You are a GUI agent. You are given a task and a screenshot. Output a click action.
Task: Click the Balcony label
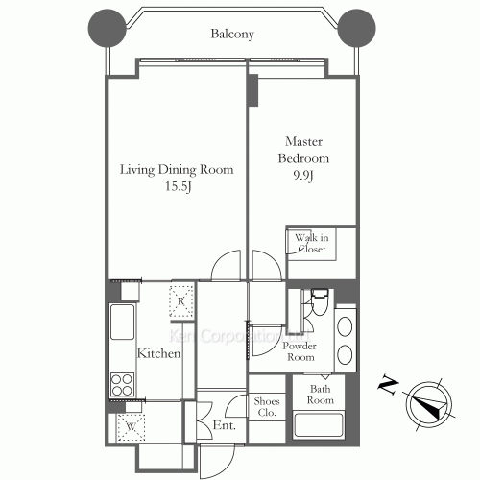pyautogui.click(x=232, y=34)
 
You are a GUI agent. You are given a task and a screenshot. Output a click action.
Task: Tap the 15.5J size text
pyautogui.click(x=179, y=186)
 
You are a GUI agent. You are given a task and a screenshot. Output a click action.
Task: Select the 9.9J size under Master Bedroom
pyautogui.click(x=303, y=176)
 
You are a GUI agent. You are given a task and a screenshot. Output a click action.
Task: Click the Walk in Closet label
pyautogui.click(x=312, y=243)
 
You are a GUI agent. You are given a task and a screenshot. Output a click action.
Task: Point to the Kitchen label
pyautogui.click(x=158, y=353)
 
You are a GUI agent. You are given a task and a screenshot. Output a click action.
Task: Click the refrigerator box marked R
pyautogui.click(x=181, y=300)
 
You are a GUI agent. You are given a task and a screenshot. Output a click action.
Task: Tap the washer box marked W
pyautogui.click(x=132, y=427)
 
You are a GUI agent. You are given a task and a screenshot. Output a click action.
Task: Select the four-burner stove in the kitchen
pyautogui.click(x=122, y=385)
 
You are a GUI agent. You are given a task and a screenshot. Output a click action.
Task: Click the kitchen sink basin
pyautogui.click(x=122, y=322)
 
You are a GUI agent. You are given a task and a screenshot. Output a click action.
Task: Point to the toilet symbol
pyautogui.click(x=320, y=302)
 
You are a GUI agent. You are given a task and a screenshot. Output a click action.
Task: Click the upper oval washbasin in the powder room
pyautogui.click(x=345, y=326)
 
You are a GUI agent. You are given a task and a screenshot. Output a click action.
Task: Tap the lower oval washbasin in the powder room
pyautogui.click(x=345, y=354)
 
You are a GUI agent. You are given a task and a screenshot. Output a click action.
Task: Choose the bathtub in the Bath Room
pyautogui.click(x=319, y=425)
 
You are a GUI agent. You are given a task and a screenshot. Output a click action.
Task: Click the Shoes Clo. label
pyautogui.click(x=267, y=407)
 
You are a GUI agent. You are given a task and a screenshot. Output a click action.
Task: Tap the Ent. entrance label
pyautogui.click(x=225, y=425)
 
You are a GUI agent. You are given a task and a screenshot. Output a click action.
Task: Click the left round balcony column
pyautogui.click(x=108, y=28)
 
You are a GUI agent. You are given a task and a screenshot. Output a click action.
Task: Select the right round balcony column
pyautogui.click(x=356, y=28)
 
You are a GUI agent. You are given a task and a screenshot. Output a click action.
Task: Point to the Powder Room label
pyautogui.click(x=300, y=351)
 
